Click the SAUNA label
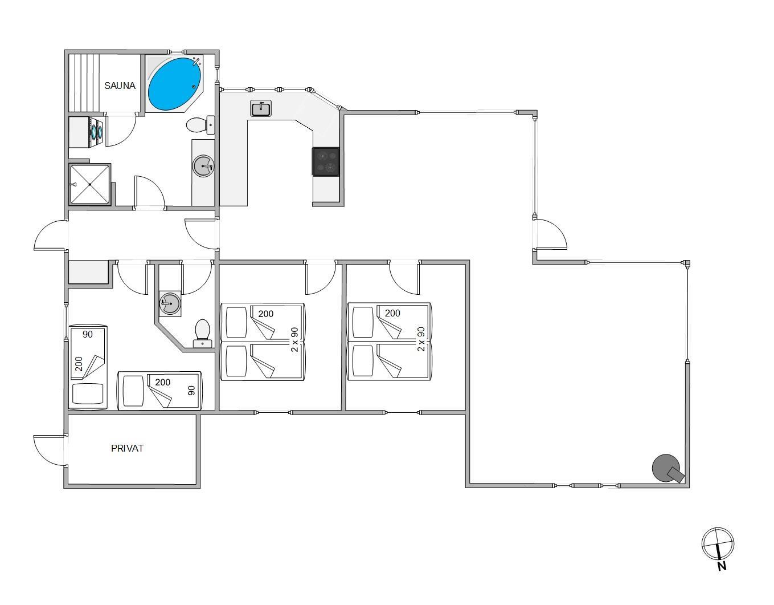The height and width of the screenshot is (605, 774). tap(120, 86)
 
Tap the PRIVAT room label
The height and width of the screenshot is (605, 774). tap(127, 448)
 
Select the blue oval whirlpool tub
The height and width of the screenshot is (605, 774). tap(174, 84)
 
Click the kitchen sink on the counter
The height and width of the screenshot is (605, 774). tap(261, 108)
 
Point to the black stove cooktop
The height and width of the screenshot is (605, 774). tap(326, 161)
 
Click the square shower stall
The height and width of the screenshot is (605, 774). tap(90, 184)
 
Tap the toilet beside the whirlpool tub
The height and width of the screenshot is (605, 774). tap(200, 125)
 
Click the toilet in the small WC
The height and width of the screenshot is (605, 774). tap(203, 334)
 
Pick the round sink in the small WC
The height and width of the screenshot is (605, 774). tap(170, 303)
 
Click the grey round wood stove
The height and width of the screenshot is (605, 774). tap(667, 468)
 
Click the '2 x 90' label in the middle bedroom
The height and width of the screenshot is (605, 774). tap(294, 339)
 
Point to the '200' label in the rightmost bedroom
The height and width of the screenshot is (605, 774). tap(392, 314)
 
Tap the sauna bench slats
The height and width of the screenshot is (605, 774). tap(83, 83)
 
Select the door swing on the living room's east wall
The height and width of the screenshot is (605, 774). tap(550, 234)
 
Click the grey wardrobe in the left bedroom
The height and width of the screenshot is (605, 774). tap(88, 272)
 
